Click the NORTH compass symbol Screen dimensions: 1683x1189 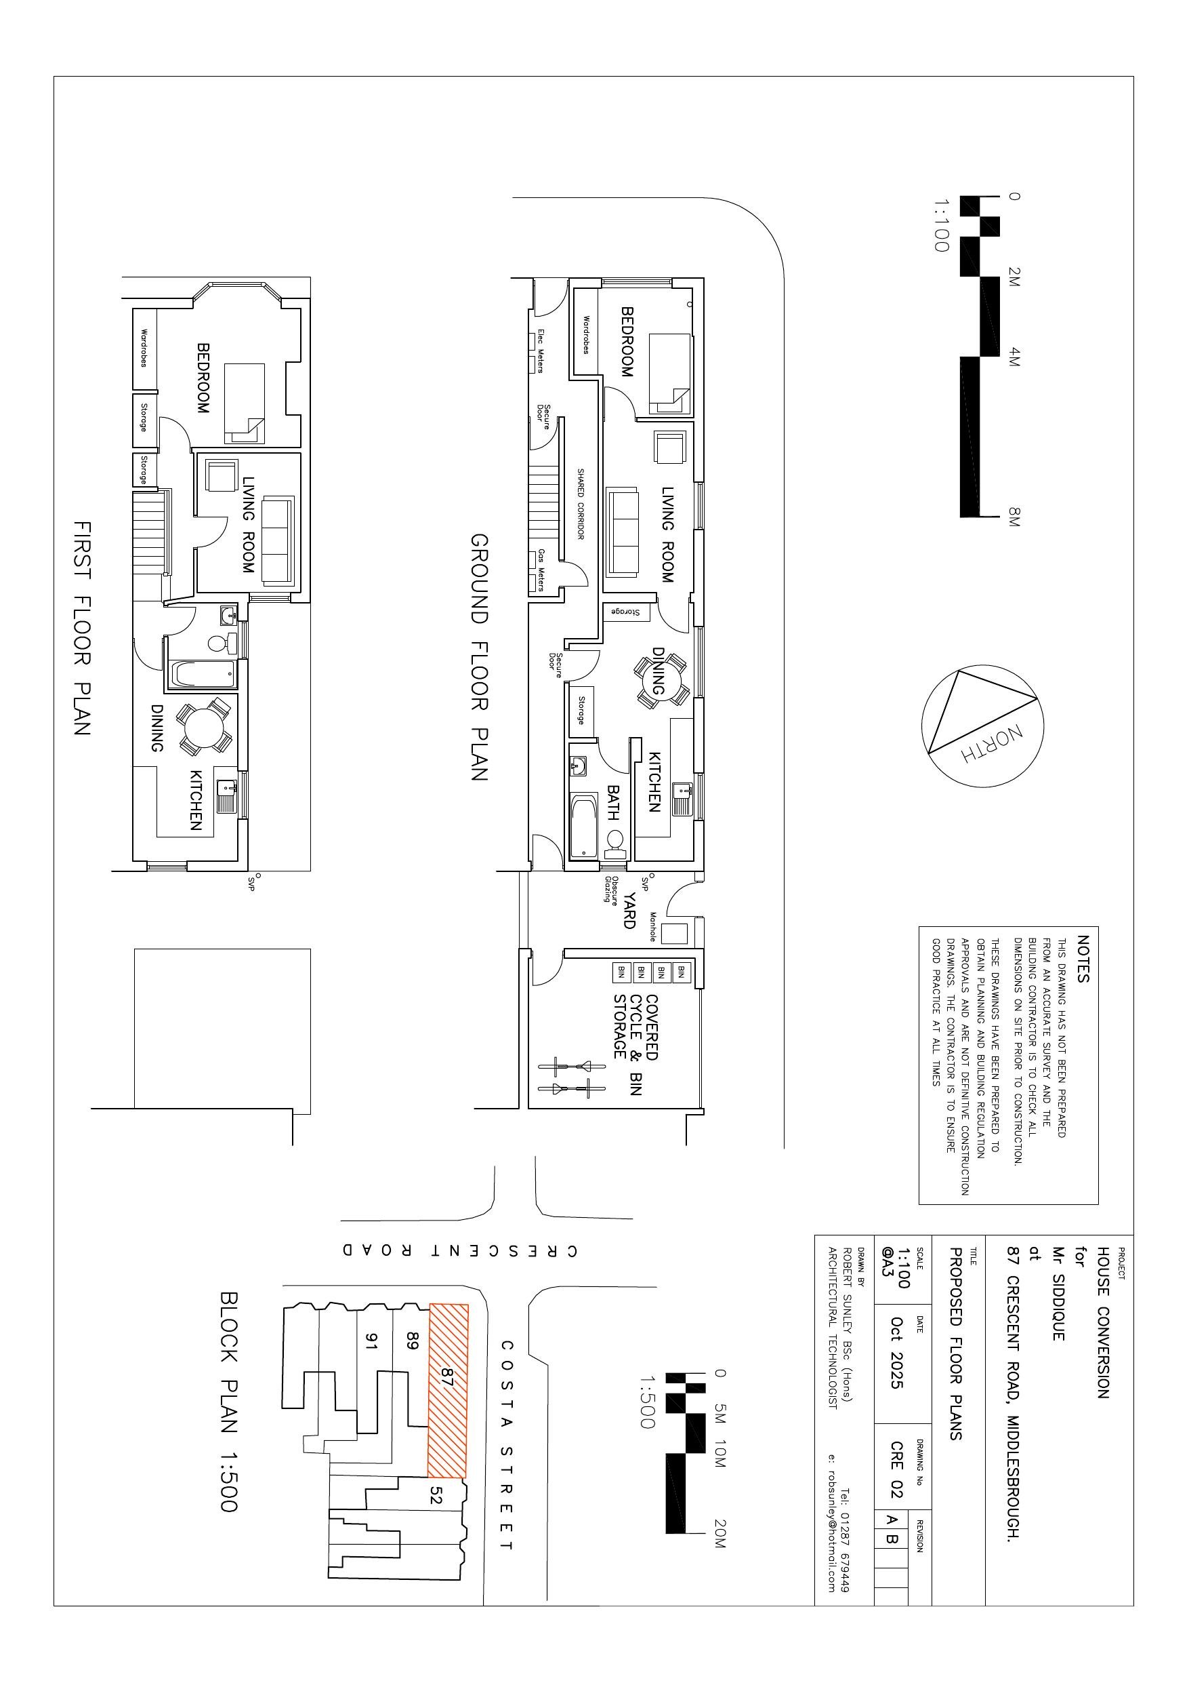coord(982,726)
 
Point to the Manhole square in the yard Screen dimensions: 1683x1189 coord(674,934)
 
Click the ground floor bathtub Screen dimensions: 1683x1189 coord(583,825)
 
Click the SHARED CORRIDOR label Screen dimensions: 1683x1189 coord(580,504)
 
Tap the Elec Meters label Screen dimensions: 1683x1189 coord(541,351)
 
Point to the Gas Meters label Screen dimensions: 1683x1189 coord(541,569)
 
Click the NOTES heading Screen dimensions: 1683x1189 coord(1083,958)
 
